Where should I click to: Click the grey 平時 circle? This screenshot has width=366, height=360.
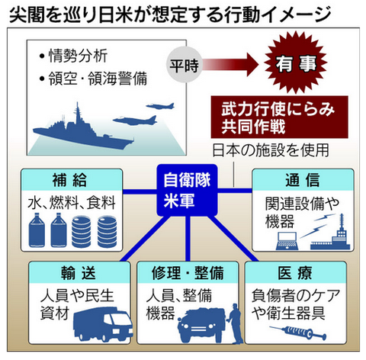pos(185,66)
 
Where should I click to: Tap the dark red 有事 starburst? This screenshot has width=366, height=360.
pos(296,63)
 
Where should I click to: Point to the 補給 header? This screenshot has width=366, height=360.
pos(72,180)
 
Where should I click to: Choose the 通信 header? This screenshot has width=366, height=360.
pos(303,180)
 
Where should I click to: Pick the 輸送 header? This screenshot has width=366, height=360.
pos(79,272)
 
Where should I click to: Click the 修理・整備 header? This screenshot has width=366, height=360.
pos(188,272)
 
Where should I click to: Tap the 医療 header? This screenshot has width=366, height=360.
pos(295,272)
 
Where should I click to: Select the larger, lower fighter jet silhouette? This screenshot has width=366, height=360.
pos(135,120)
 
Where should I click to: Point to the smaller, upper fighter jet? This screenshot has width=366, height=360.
pos(160,106)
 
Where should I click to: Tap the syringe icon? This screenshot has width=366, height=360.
pos(298,332)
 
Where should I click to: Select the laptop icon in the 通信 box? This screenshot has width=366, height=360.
pos(287,241)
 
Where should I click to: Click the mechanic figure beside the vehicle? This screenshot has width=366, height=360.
pos(234,323)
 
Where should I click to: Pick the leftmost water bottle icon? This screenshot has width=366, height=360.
pos(37,230)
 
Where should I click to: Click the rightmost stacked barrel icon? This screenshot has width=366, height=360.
pos(107,232)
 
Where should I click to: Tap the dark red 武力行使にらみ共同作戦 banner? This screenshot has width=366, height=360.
pos(279,117)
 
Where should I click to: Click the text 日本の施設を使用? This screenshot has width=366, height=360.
pos(271,150)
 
